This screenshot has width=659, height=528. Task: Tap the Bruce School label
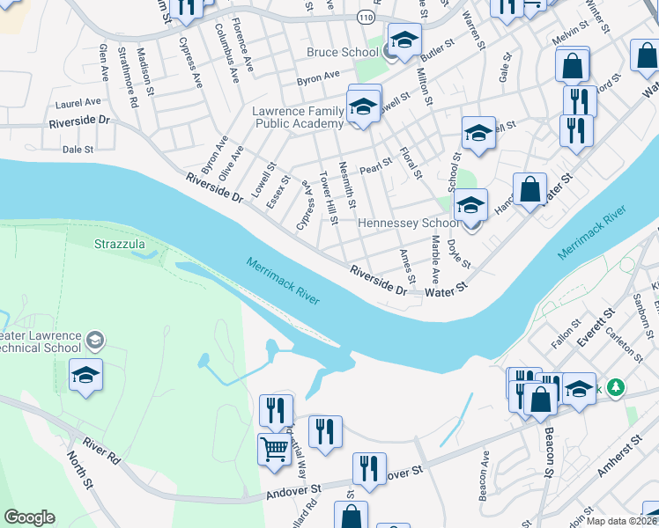click(x=342, y=53)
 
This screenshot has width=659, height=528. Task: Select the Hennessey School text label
click(x=409, y=224)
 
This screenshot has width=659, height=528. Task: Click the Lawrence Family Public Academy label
click(x=297, y=118)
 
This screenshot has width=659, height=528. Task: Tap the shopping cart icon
click(x=275, y=450)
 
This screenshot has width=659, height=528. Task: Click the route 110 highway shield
click(x=366, y=17)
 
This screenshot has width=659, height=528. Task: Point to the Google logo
click(x=29, y=517)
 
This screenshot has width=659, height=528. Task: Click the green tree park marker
click(x=617, y=387)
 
